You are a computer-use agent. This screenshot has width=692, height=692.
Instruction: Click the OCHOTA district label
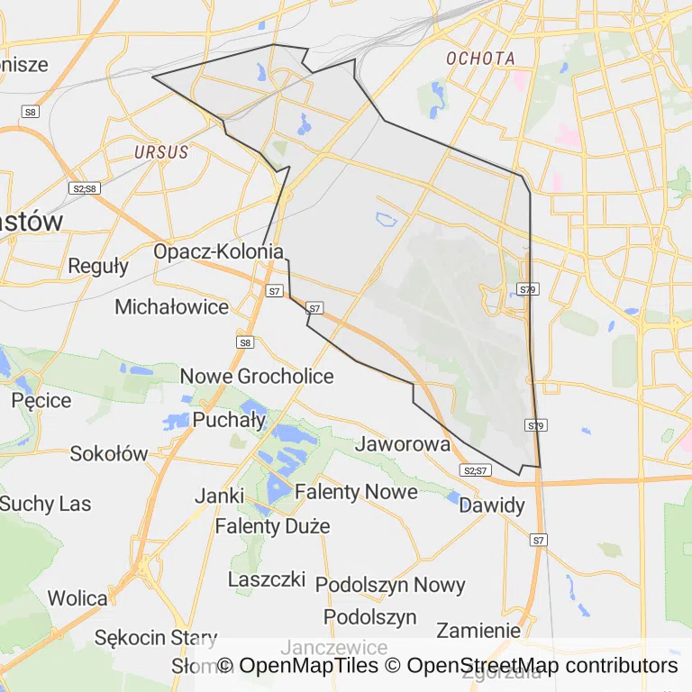[x=481, y=59]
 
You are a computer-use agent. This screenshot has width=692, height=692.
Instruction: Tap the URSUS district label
[x=161, y=152]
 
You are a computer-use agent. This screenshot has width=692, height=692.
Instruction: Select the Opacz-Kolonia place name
[x=219, y=252]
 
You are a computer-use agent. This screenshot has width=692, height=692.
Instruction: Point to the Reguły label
[x=98, y=267]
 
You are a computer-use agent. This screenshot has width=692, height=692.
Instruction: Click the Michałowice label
[x=171, y=307]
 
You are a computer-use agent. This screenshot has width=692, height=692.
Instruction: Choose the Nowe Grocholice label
[x=257, y=377]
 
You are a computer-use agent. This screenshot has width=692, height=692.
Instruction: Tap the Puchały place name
[x=229, y=419]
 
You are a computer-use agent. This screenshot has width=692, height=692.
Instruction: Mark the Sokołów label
[x=108, y=454]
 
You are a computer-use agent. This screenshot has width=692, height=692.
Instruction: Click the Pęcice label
[x=41, y=400]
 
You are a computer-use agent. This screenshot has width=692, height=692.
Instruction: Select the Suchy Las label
[x=45, y=504]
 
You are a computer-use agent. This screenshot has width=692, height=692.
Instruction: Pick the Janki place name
[x=219, y=496]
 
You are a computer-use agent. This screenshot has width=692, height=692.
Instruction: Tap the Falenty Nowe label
[x=356, y=492]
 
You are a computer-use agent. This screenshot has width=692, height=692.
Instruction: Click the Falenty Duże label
[x=272, y=526]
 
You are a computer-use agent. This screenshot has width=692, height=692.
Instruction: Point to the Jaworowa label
[x=402, y=444]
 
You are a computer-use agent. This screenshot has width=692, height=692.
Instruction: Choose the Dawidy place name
[x=491, y=505]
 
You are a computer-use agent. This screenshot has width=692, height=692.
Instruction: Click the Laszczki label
[x=267, y=578]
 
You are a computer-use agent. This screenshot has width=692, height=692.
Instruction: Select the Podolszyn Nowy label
[x=390, y=585]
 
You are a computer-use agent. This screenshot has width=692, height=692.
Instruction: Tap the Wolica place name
[x=77, y=598]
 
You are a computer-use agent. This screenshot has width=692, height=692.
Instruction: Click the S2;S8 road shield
[x=83, y=188]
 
